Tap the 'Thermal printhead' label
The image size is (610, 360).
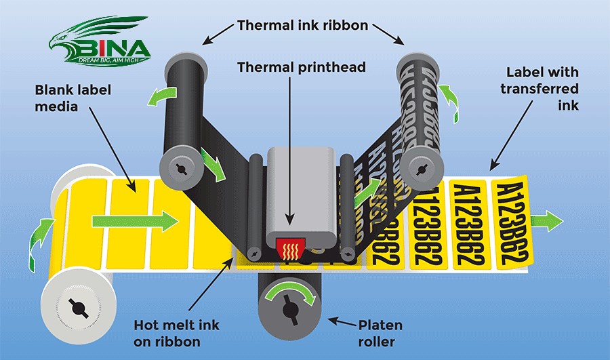(x=302, y=67)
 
